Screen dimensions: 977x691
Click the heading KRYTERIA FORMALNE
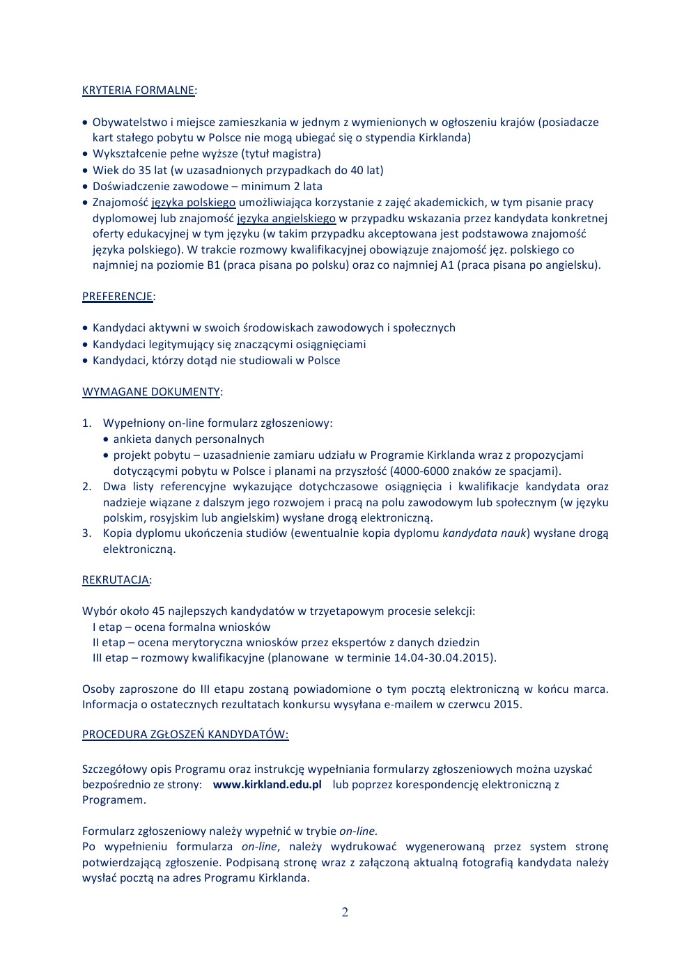pyautogui.click(x=138, y=91)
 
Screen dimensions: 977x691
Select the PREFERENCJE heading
pyautogui.click(x=117, y=297)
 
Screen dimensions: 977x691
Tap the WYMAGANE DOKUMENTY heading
pyautogui.click(x=151, y=391)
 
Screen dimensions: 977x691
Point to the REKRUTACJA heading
pyautogui.click(x=116, y=579)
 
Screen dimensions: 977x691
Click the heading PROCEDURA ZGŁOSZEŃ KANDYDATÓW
pyautogui.click(x=185, y=734)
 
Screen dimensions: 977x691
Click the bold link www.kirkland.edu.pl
pyautogui.click(x=267, y=784)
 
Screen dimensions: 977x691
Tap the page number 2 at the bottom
pyautogui.click(x=345, y=912)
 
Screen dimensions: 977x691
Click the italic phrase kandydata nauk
pyautogui.click(x=484, y=533)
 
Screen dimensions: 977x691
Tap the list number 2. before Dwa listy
pyautogui.click(x=86, y=487)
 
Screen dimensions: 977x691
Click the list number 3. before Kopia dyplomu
pyautogui.click(x=86, y=533)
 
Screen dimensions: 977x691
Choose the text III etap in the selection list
pyautogui.click(x=110, y=657)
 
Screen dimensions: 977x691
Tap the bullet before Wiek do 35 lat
pyautogui.click(x=86, y=171)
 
